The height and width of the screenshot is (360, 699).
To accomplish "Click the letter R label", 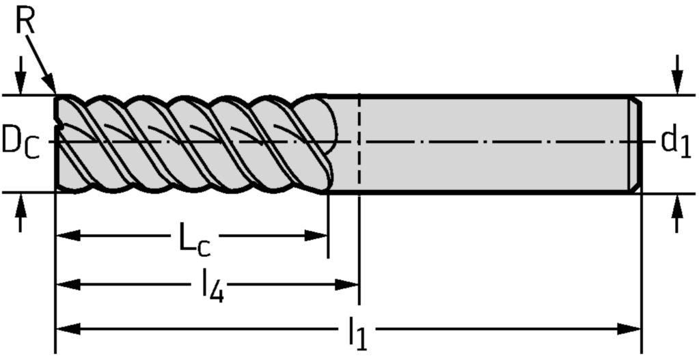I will point(25,22).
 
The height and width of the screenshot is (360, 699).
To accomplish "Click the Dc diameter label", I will point(19,141).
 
